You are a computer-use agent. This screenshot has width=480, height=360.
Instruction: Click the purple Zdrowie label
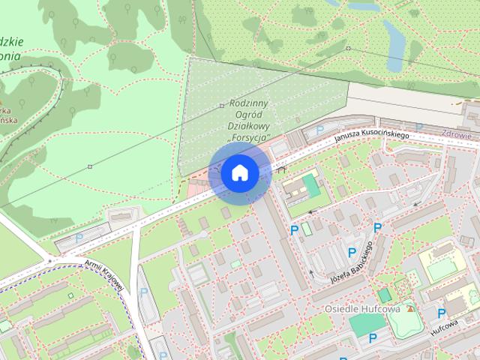click(457, 136)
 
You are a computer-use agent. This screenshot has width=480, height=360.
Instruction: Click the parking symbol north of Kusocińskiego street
click(320, 130)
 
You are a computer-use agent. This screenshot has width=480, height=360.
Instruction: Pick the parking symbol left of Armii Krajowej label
click(79, 238)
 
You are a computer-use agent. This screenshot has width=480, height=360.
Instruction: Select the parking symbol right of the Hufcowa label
click(442, 313)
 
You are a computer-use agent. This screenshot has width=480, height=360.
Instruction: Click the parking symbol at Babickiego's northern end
click(377, 227)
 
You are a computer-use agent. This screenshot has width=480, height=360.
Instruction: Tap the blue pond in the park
click(394, 35)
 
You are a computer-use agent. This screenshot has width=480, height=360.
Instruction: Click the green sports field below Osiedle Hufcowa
click(367, 325)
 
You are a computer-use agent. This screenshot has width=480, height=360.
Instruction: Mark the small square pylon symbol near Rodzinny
click(221, 106)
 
